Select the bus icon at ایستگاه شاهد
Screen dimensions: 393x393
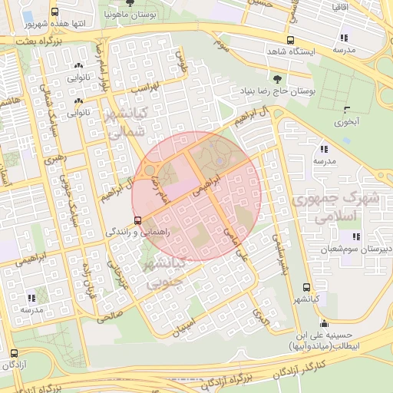[290, 41]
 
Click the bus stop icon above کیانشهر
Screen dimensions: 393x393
[308, 286]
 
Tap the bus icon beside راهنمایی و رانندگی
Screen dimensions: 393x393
[138, 220]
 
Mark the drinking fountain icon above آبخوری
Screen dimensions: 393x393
[348, 108]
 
